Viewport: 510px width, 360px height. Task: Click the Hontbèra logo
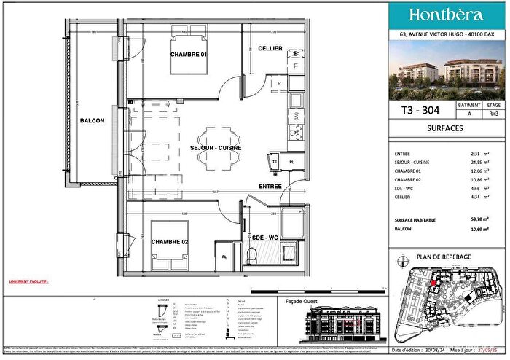pos(446,15)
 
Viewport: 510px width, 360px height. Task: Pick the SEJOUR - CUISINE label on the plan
pos(216,148)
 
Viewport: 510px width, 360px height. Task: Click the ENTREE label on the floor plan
pos(270,187)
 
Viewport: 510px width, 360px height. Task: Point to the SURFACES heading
pos(446,129)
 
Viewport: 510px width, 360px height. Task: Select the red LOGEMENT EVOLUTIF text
pos(29,279)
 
